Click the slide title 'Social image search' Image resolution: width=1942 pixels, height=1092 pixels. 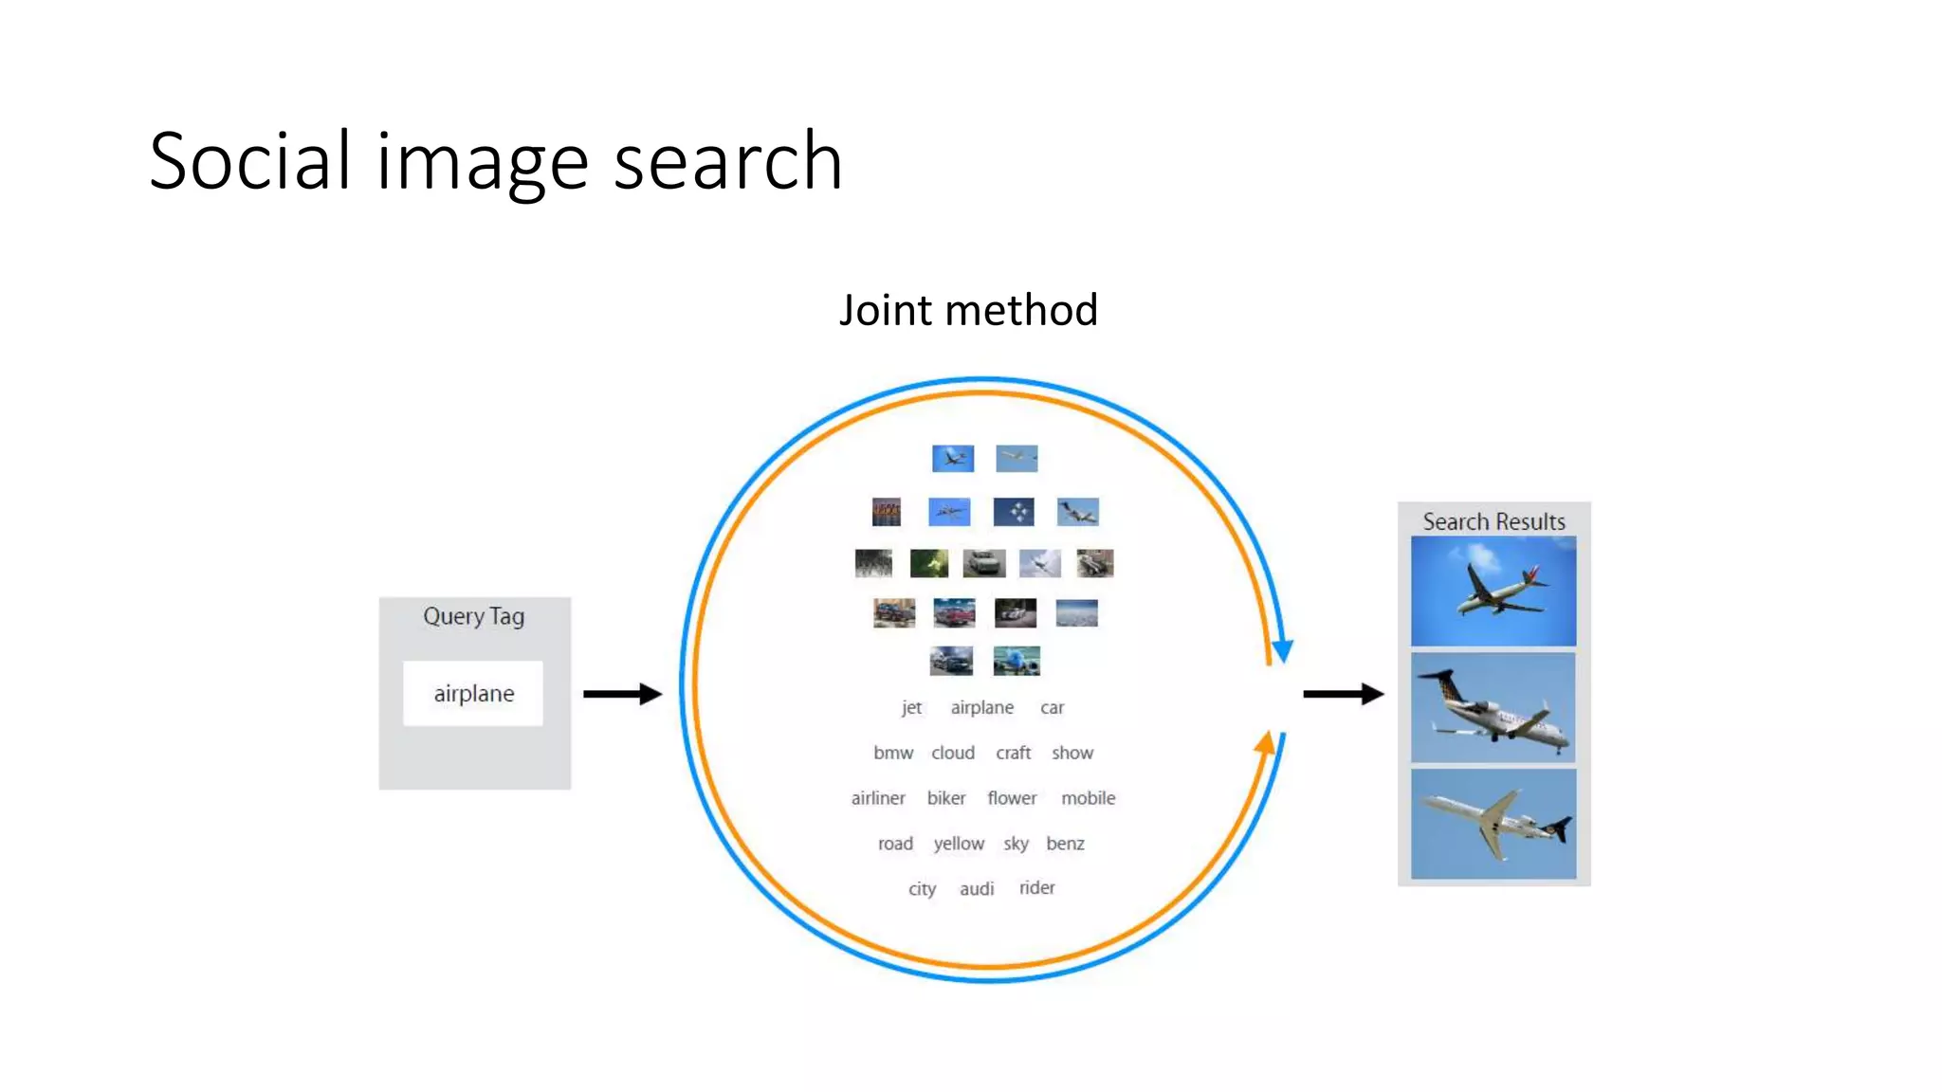(x=495, y=161)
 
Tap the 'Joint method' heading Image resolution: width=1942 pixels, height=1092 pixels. (x=968, y=310)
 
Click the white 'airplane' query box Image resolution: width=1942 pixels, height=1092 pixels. (x=473, y=693)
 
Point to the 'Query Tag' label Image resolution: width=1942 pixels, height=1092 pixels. (x=473, y=616)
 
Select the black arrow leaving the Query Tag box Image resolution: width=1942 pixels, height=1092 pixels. (x=622, y=694)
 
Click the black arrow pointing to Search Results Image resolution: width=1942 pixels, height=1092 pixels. (x=1343, y=694)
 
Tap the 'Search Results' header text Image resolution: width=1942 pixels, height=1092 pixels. (x=1493, y=521)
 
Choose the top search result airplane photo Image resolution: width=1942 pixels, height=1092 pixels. (x=1493, y=591)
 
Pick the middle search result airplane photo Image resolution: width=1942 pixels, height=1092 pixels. (x=1493, y=707)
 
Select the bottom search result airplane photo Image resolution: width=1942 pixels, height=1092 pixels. (x=1493, y=824)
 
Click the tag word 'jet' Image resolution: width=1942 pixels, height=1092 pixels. (x=911, y=707)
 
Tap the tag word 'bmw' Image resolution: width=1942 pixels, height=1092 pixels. (x=893, y=753)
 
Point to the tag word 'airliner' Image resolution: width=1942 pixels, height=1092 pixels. (x=878, y=798)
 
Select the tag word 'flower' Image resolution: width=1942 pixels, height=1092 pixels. (x=1012, y=798)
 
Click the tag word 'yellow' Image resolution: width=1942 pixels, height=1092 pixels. (x=959, y=844)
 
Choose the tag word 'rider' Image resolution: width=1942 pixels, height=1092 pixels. (x=1036, y=888)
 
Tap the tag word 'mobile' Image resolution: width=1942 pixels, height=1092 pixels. (x=1088, y=798)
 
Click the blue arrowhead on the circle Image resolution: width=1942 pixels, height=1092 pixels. (x=1283, y=650)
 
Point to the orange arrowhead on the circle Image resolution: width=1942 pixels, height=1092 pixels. (x=1265, y=742)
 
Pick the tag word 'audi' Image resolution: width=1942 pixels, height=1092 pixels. (x=977, y=889)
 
